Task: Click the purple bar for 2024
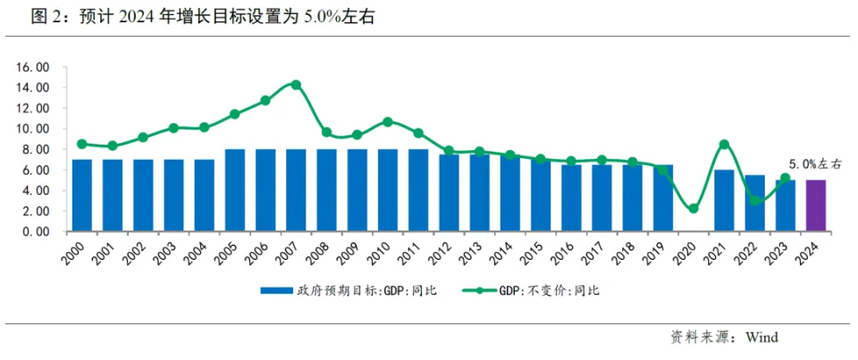tap(816, 205)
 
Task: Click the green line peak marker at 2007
tap(296, 85)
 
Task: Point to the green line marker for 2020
tap(694, 208)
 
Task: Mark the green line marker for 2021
tap(724, 144)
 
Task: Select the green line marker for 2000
tap(82, 144)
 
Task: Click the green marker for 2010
tap(388, 121)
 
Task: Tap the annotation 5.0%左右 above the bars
tap(814, 164)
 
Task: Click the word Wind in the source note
tap(761, 337)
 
